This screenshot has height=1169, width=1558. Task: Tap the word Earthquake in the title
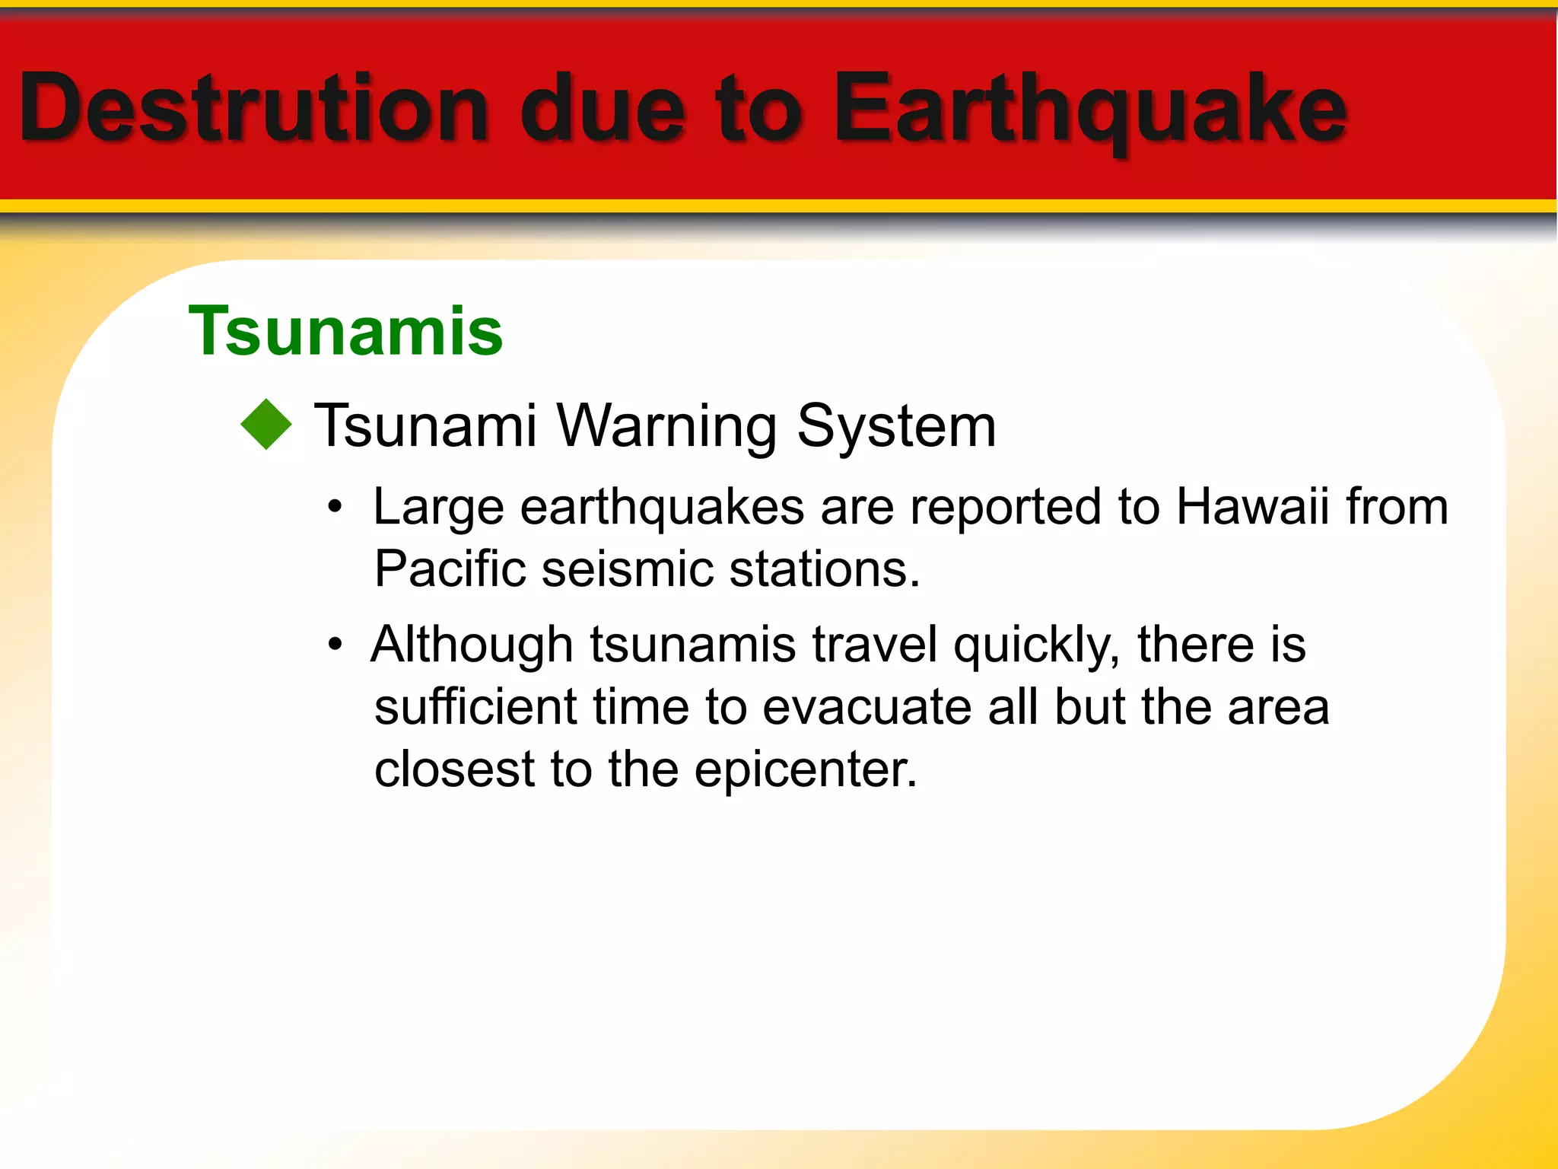[x=1089, y=109]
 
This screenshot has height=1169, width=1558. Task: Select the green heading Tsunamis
[x=346, y=331]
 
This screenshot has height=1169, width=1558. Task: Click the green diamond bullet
[x=266, y=425]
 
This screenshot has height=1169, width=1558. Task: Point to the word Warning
[x=667, y=425]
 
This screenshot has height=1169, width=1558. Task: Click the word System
[x=896, y=426]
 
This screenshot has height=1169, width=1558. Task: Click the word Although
[x=472, y=645]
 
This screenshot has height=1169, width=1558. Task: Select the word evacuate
[x=866, y=707]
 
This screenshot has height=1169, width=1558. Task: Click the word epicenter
[x=806, y=769]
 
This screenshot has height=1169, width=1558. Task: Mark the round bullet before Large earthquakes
[x=335, y=507]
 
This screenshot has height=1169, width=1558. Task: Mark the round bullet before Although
[x=335, y=645]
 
